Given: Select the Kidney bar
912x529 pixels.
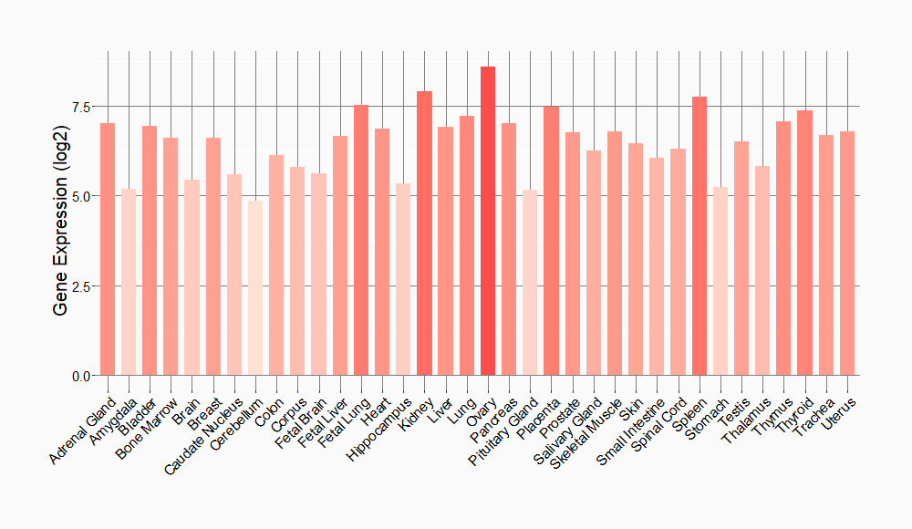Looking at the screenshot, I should click(x=424, y=233).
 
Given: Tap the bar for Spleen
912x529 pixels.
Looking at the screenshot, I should click(x=700, y=236).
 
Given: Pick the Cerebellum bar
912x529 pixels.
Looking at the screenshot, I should click(x=255, y=288).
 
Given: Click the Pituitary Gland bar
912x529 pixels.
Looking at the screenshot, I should click(x=530, y=283).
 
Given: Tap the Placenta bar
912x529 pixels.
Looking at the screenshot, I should click(x=551, y=241).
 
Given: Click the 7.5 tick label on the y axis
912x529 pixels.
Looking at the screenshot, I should click(x=81, y=107).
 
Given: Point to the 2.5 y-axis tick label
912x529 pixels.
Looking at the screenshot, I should click(x=81, y=286).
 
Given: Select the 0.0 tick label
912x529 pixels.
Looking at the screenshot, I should click(x=81, y=376).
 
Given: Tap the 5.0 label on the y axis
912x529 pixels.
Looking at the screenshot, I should click(x=81, y=196).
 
